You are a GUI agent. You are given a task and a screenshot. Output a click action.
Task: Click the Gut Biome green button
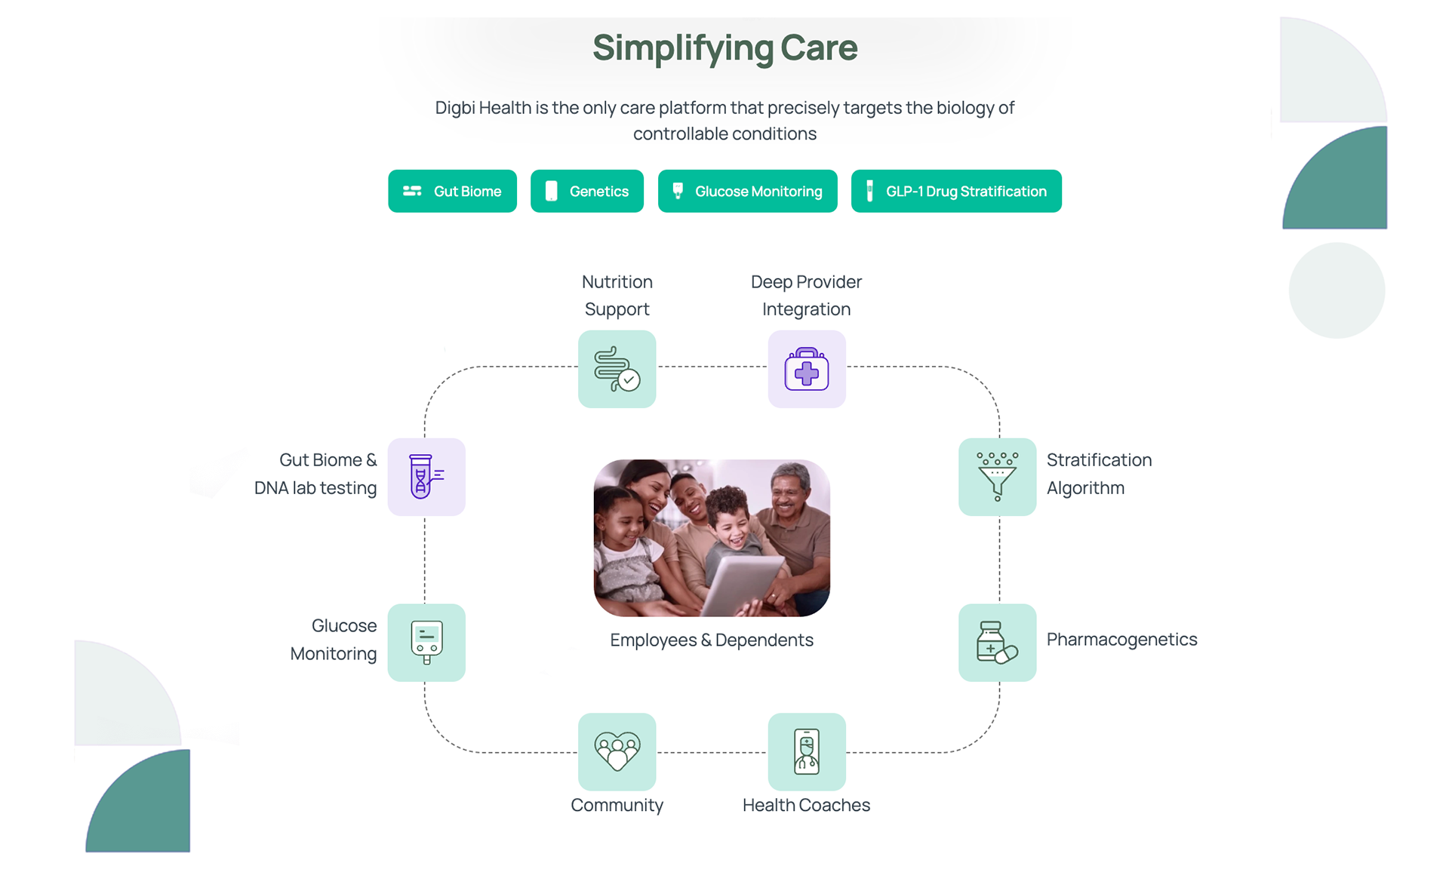[452, 192]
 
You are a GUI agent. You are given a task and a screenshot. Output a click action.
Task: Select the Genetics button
[587, 192]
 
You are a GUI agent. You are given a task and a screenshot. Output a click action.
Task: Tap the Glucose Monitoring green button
[747, 192]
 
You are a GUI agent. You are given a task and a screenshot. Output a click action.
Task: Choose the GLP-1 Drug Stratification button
[956, 192]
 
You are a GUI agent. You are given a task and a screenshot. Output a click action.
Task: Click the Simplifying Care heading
[724, 48]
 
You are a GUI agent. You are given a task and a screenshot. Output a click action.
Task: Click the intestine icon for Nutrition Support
[617, 370]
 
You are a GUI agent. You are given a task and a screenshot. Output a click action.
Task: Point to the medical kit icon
[807, 370]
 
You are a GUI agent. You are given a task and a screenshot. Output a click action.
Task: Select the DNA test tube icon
[426, 477]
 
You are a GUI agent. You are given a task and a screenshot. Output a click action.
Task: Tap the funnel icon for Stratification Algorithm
[997, 477]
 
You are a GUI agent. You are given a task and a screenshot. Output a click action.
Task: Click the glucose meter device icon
[426, 643]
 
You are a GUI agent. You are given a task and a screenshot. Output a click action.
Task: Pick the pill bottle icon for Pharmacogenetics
[997, 643]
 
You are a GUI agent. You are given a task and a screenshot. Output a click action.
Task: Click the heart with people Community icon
[617, 751]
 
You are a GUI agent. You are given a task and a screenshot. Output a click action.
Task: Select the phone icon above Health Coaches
[807, 751]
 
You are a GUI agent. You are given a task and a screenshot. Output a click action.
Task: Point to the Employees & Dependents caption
[712, 640]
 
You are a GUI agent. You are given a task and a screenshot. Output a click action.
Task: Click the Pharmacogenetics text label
[1121, 640]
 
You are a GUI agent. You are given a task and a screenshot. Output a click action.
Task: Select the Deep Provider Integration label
[806, 295]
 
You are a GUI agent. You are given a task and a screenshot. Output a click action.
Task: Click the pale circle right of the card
[1337, 290]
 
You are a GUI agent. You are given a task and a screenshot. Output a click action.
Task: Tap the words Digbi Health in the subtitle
[483, 108]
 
